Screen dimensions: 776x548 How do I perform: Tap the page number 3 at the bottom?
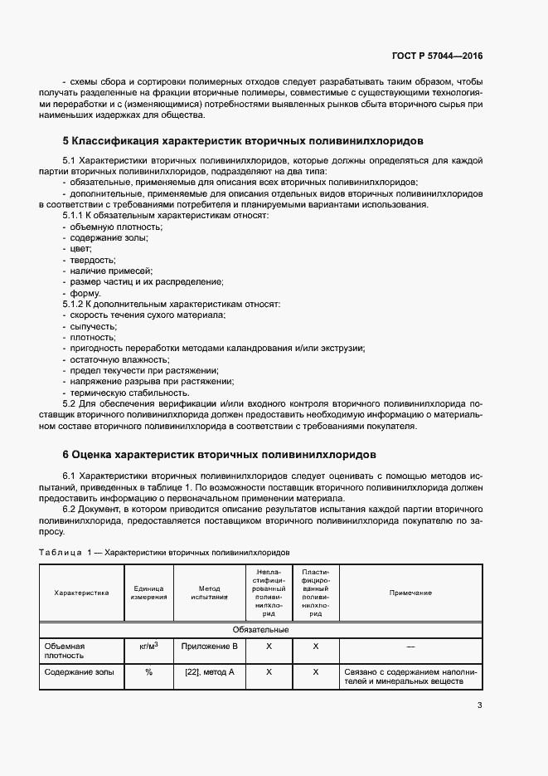tap(479, 705)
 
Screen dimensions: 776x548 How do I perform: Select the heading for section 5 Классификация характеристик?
tap(243, 141)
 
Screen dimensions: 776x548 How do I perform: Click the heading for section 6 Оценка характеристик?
tap(219, 455)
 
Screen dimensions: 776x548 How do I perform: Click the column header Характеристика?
tap(81, 593)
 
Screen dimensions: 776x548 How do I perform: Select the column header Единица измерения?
tap(148, 593)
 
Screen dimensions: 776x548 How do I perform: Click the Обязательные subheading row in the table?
tap(260, 630)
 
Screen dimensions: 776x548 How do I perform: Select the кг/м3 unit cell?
tap(148, 645)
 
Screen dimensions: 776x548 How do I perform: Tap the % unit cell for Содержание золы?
tap(148, 671)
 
